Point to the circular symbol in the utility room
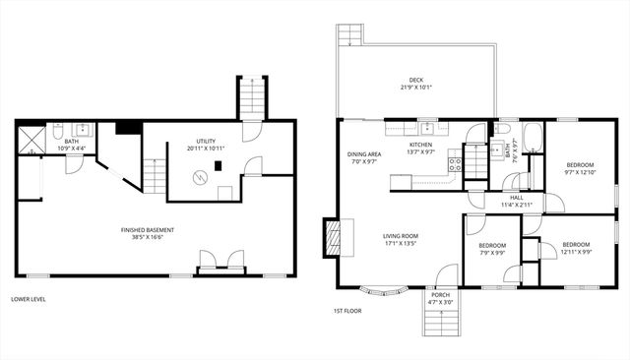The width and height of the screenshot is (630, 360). point(201,177)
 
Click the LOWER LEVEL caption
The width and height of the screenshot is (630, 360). point(28,299)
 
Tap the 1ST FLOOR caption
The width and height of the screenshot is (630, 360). point(344,312)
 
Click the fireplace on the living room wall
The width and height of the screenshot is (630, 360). point(332,236)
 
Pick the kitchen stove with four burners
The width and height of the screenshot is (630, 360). point(455,164)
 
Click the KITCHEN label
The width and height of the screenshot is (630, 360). point(420,145)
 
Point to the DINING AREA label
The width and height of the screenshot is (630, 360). point(363,154)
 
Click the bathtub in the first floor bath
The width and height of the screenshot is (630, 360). point(534,138)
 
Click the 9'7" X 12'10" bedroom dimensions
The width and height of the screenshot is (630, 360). point(579,172)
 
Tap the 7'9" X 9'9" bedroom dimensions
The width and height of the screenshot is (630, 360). point(492,253)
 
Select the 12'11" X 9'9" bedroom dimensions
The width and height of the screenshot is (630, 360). point(576,251)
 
